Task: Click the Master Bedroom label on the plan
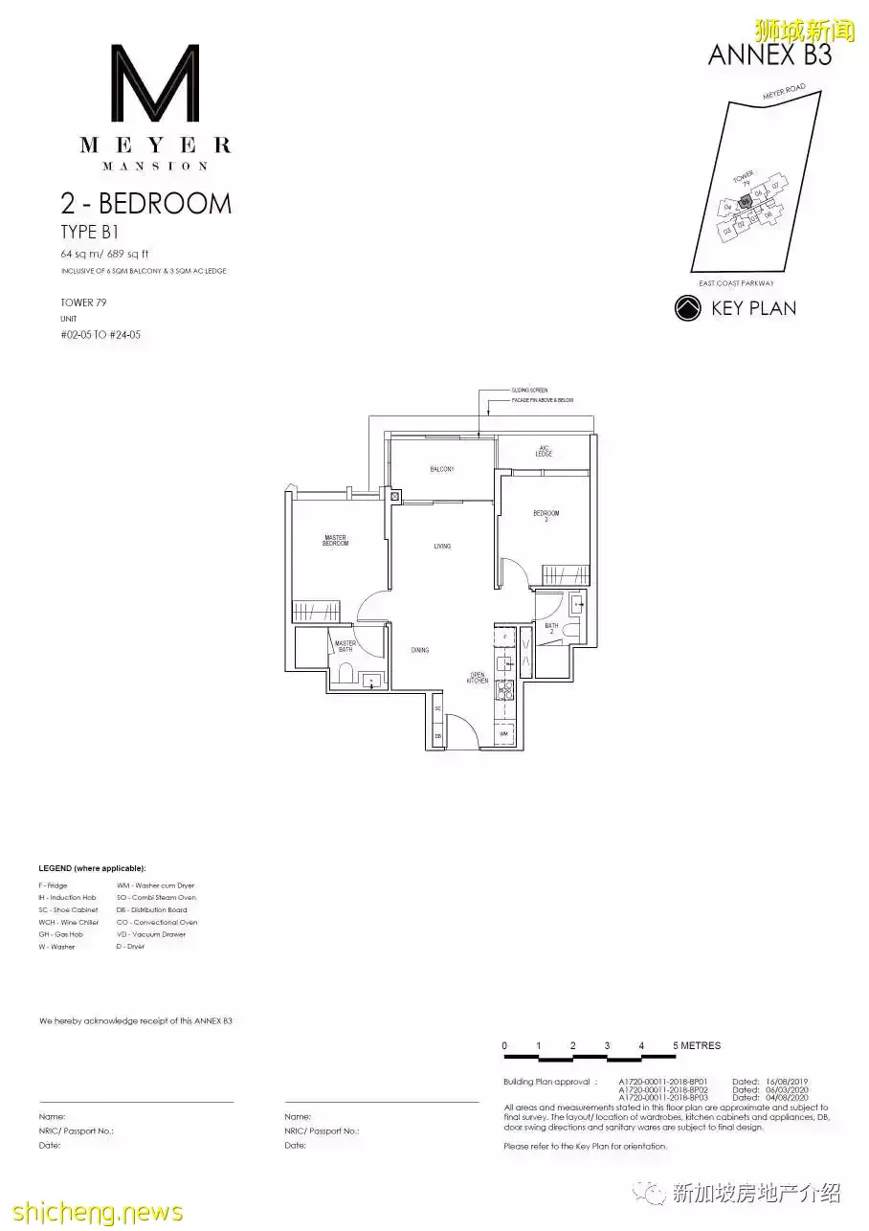[x=335, y=541]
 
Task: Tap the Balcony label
[x=441, y=469]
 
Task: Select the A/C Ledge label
[x=545, y=451]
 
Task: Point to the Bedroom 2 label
[x=546, y=517]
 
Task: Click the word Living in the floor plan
[x=442, y=547]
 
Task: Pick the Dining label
[x=420, y=650]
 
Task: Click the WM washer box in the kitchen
[x=504, y=734]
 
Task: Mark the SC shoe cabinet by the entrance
[x=437, y=708]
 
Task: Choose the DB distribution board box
[x=437, y=735]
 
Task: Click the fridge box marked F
[x=504, y=637]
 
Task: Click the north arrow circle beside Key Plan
[x=687, y=308]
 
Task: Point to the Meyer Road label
[x=784, y=93]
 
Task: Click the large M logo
[x=155, y=83]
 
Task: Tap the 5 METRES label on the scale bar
[x=697, y=1045]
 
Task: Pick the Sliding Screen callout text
[x=530, y=391]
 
